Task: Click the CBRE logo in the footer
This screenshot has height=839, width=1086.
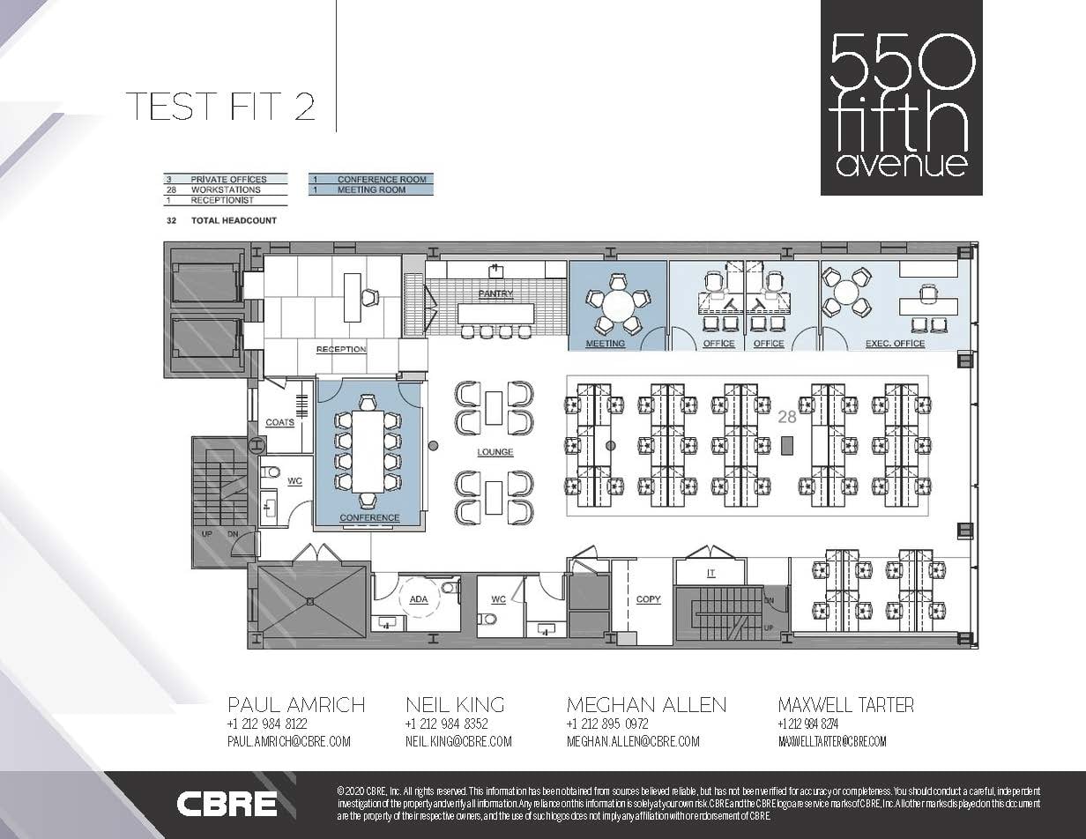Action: tap(227, 804)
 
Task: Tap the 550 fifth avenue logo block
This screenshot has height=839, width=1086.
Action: tap(901, 98)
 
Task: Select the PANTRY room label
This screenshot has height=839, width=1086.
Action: tap(495, 293)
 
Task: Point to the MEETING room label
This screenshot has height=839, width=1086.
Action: tap(605, 343)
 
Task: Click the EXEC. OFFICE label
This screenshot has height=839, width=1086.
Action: tap(896, 343)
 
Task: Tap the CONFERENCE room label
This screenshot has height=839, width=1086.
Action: tap(369, 517)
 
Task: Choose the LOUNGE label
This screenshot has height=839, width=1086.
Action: tap(495, 452)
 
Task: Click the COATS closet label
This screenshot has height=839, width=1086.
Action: tap(279, 422)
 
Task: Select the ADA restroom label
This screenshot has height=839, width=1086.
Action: tap(419, 599)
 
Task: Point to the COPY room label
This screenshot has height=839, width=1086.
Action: tap(648, 599)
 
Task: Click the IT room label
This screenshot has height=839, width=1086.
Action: tap(710, 573)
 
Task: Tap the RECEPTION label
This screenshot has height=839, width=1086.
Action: tap(341, 350)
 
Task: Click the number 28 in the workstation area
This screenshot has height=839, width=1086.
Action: tap(787, 417)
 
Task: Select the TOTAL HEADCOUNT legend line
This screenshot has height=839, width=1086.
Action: tap(233, 220)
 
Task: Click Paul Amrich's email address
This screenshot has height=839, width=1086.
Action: tap(289, 741)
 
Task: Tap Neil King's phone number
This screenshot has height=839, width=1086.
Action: tap(446, 724)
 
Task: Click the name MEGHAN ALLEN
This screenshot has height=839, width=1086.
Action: tap(646, 704)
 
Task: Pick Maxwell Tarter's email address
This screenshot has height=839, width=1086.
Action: tap(832, 741)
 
